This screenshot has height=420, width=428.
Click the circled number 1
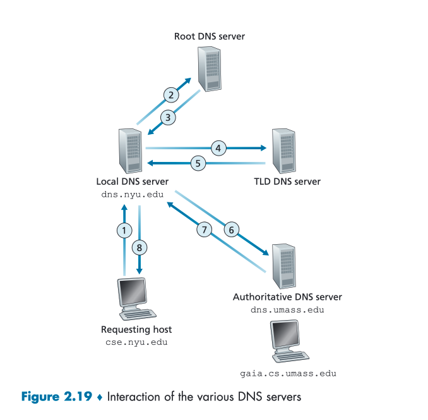click(125, 231)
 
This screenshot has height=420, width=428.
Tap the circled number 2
click(170, 96)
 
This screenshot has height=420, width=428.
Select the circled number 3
click(167, 117)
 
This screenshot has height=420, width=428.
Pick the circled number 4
click(218, 149)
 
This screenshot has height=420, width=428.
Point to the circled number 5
click(198, 163)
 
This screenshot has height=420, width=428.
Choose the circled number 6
click(231, 230)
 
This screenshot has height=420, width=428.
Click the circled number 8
click(140, 247)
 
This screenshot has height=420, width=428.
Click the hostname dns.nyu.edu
click(133, 194)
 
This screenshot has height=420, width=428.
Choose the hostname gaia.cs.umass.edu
click(288, 373)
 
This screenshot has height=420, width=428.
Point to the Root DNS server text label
click(209, 36)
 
